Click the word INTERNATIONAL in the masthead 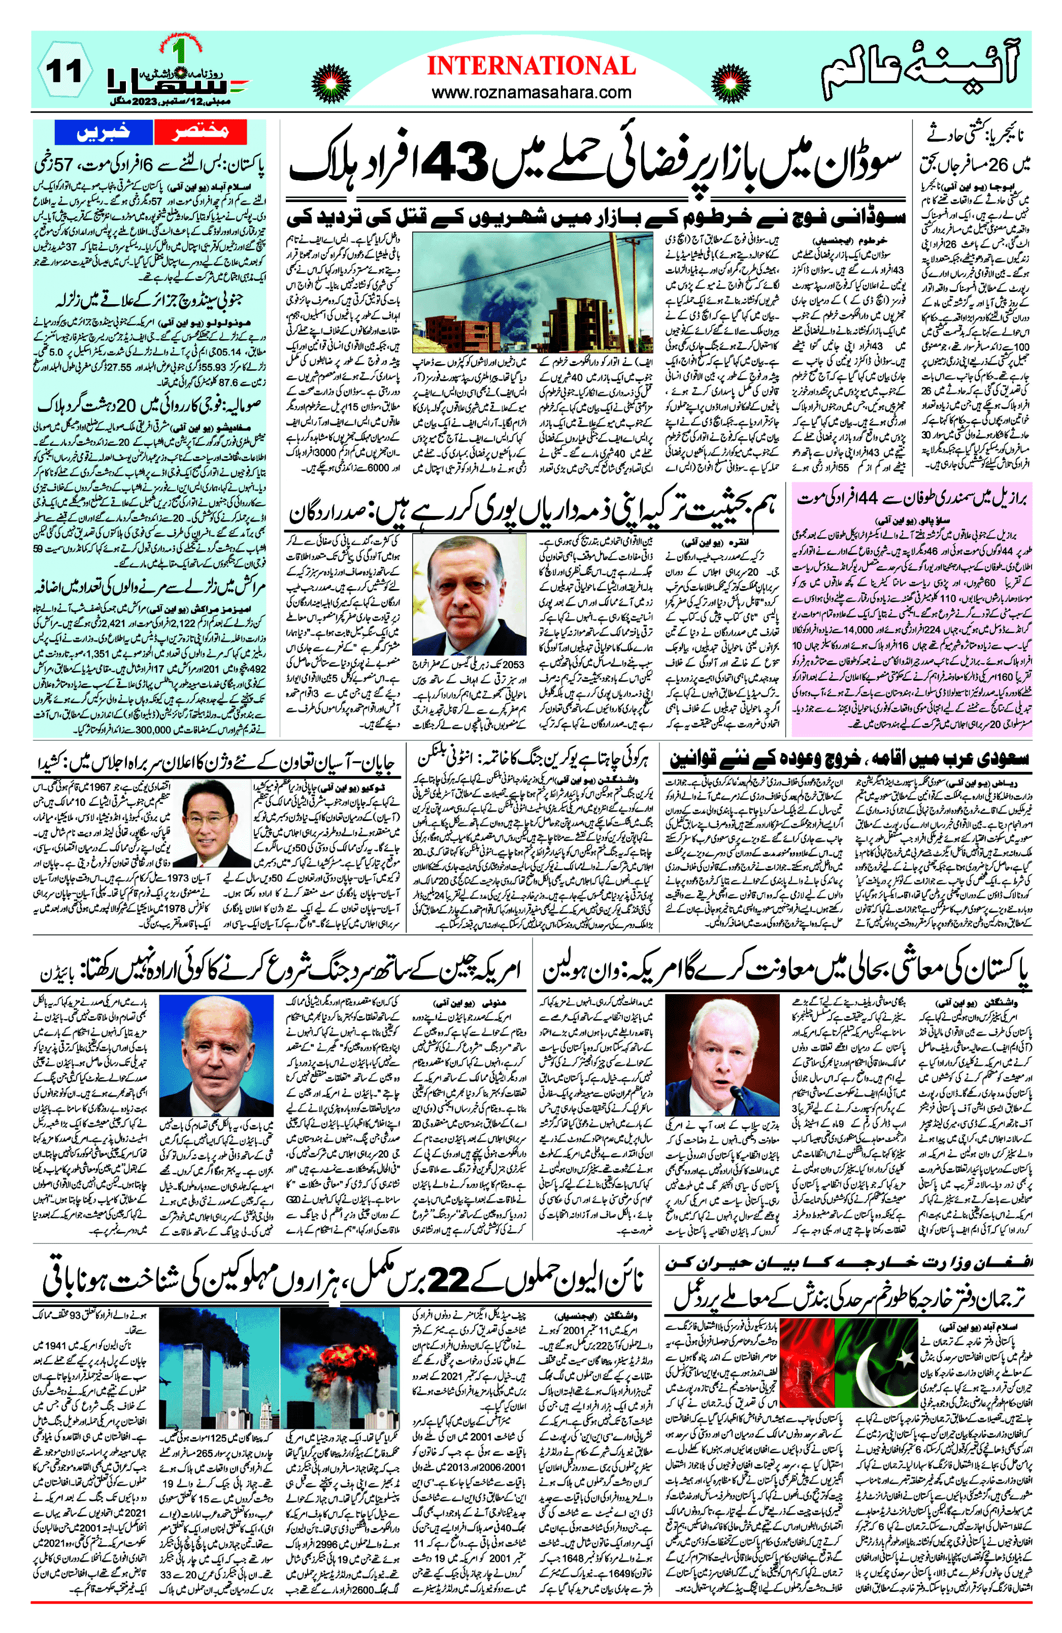pyautogui.click(x=531, y=66)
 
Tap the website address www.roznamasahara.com pyautogui.click(x=531, y=92)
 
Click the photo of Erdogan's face pyautogui.click(x=469, y=592)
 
